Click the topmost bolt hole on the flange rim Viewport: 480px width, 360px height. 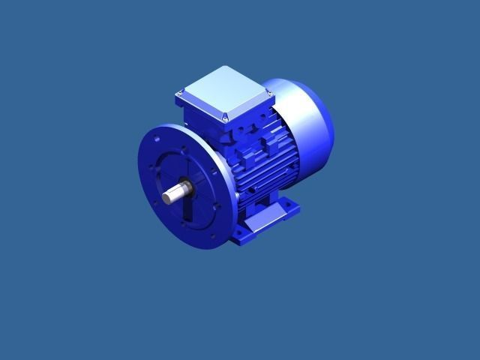[157, 138]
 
